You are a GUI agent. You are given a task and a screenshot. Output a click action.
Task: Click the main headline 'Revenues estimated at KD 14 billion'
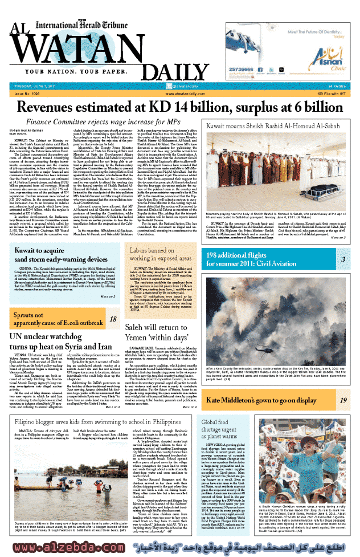click(x=179, y=107)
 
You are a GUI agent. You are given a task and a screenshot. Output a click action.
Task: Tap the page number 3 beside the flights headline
click(x=343, y=244)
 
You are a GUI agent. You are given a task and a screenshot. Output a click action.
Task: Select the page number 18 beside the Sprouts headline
click(x=113, y=320)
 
